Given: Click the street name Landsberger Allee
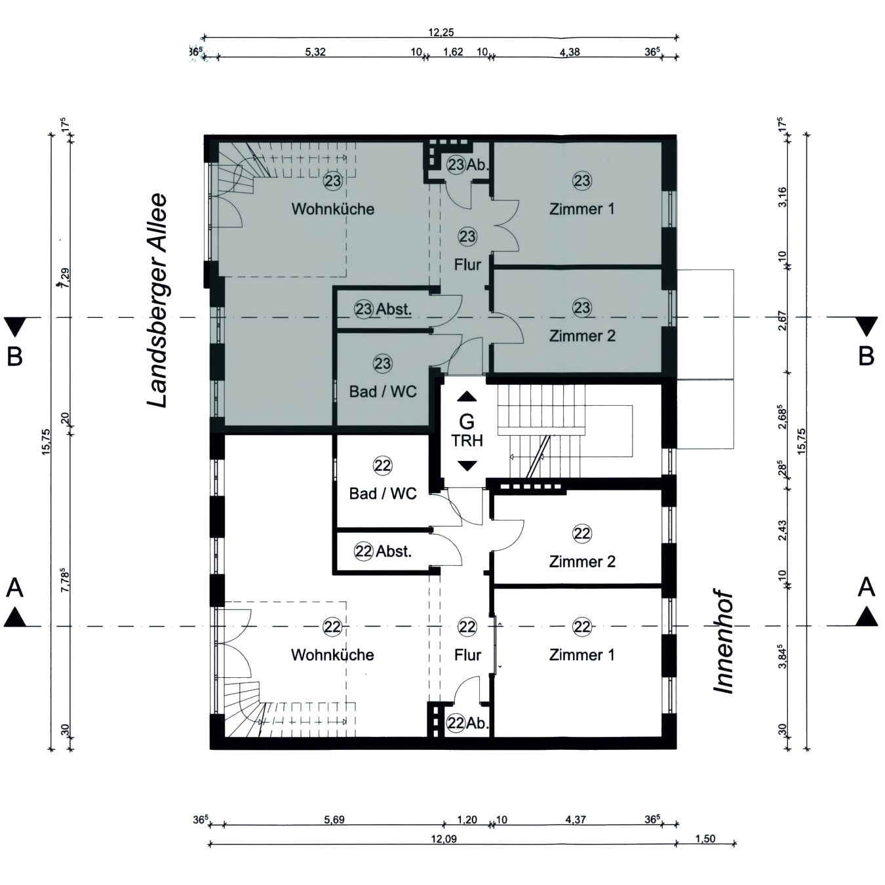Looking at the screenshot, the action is (157, 300).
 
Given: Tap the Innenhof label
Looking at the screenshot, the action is (724, 642).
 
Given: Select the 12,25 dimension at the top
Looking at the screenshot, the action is (441, 32).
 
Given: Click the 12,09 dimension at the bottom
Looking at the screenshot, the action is (444, 839).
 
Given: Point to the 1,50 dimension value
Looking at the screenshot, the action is (705, 838).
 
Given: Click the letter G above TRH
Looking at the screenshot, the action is (467, 422).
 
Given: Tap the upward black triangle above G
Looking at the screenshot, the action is (467, 397).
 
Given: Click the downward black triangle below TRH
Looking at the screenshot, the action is (467, 466).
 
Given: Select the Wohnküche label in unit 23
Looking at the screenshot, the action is (333, 209).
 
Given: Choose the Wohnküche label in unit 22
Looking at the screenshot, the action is (332, 655).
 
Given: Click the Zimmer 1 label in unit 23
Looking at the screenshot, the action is (582, 209).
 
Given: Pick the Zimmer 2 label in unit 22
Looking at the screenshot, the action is (582, 561).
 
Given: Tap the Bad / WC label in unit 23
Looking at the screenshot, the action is (383, 392).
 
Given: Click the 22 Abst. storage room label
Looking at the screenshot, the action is (383, 551).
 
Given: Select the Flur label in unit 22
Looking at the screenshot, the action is (468, 655).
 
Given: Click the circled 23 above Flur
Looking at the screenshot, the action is (467, 237).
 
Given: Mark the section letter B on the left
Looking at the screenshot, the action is (14, 357).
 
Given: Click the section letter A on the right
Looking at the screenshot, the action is (866, 587).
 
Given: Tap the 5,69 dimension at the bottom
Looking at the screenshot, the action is (334, 820).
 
